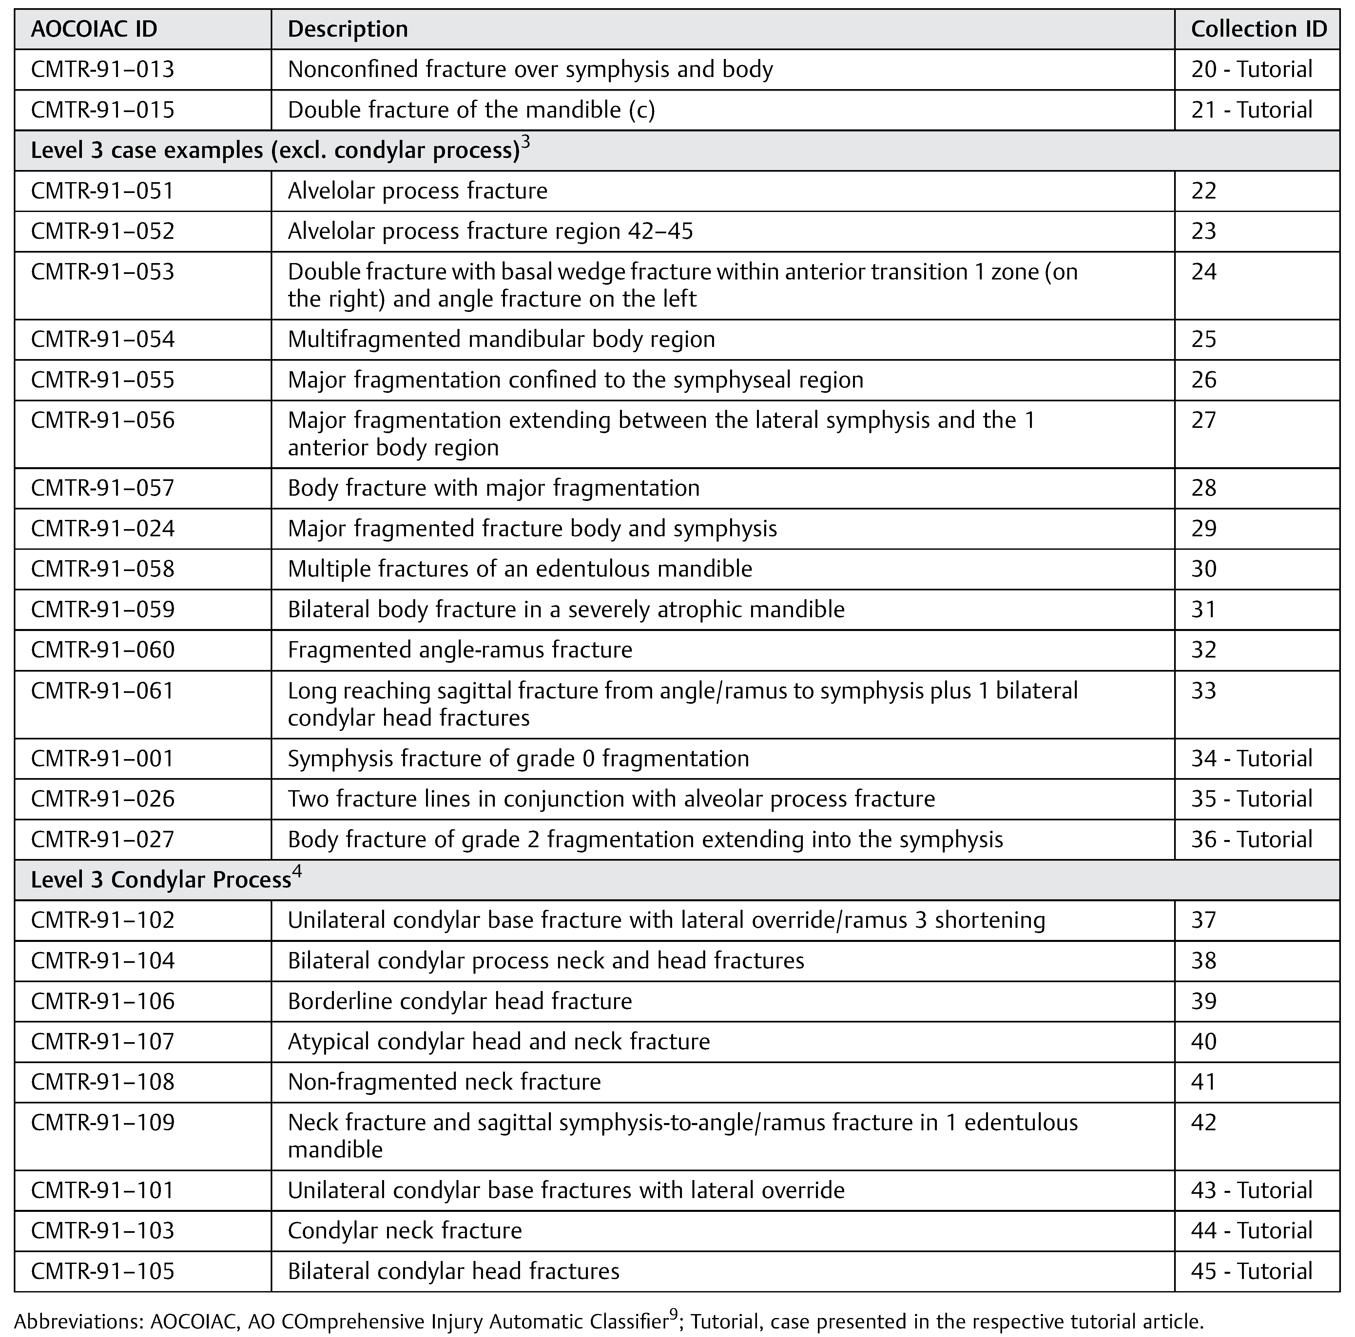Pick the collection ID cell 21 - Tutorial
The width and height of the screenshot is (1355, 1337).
1251,110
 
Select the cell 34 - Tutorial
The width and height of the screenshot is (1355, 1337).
1251,758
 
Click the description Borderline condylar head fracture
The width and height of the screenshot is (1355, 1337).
459,1001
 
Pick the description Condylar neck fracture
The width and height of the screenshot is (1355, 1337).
405,1231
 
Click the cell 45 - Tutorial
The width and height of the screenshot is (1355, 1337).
1251,1271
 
